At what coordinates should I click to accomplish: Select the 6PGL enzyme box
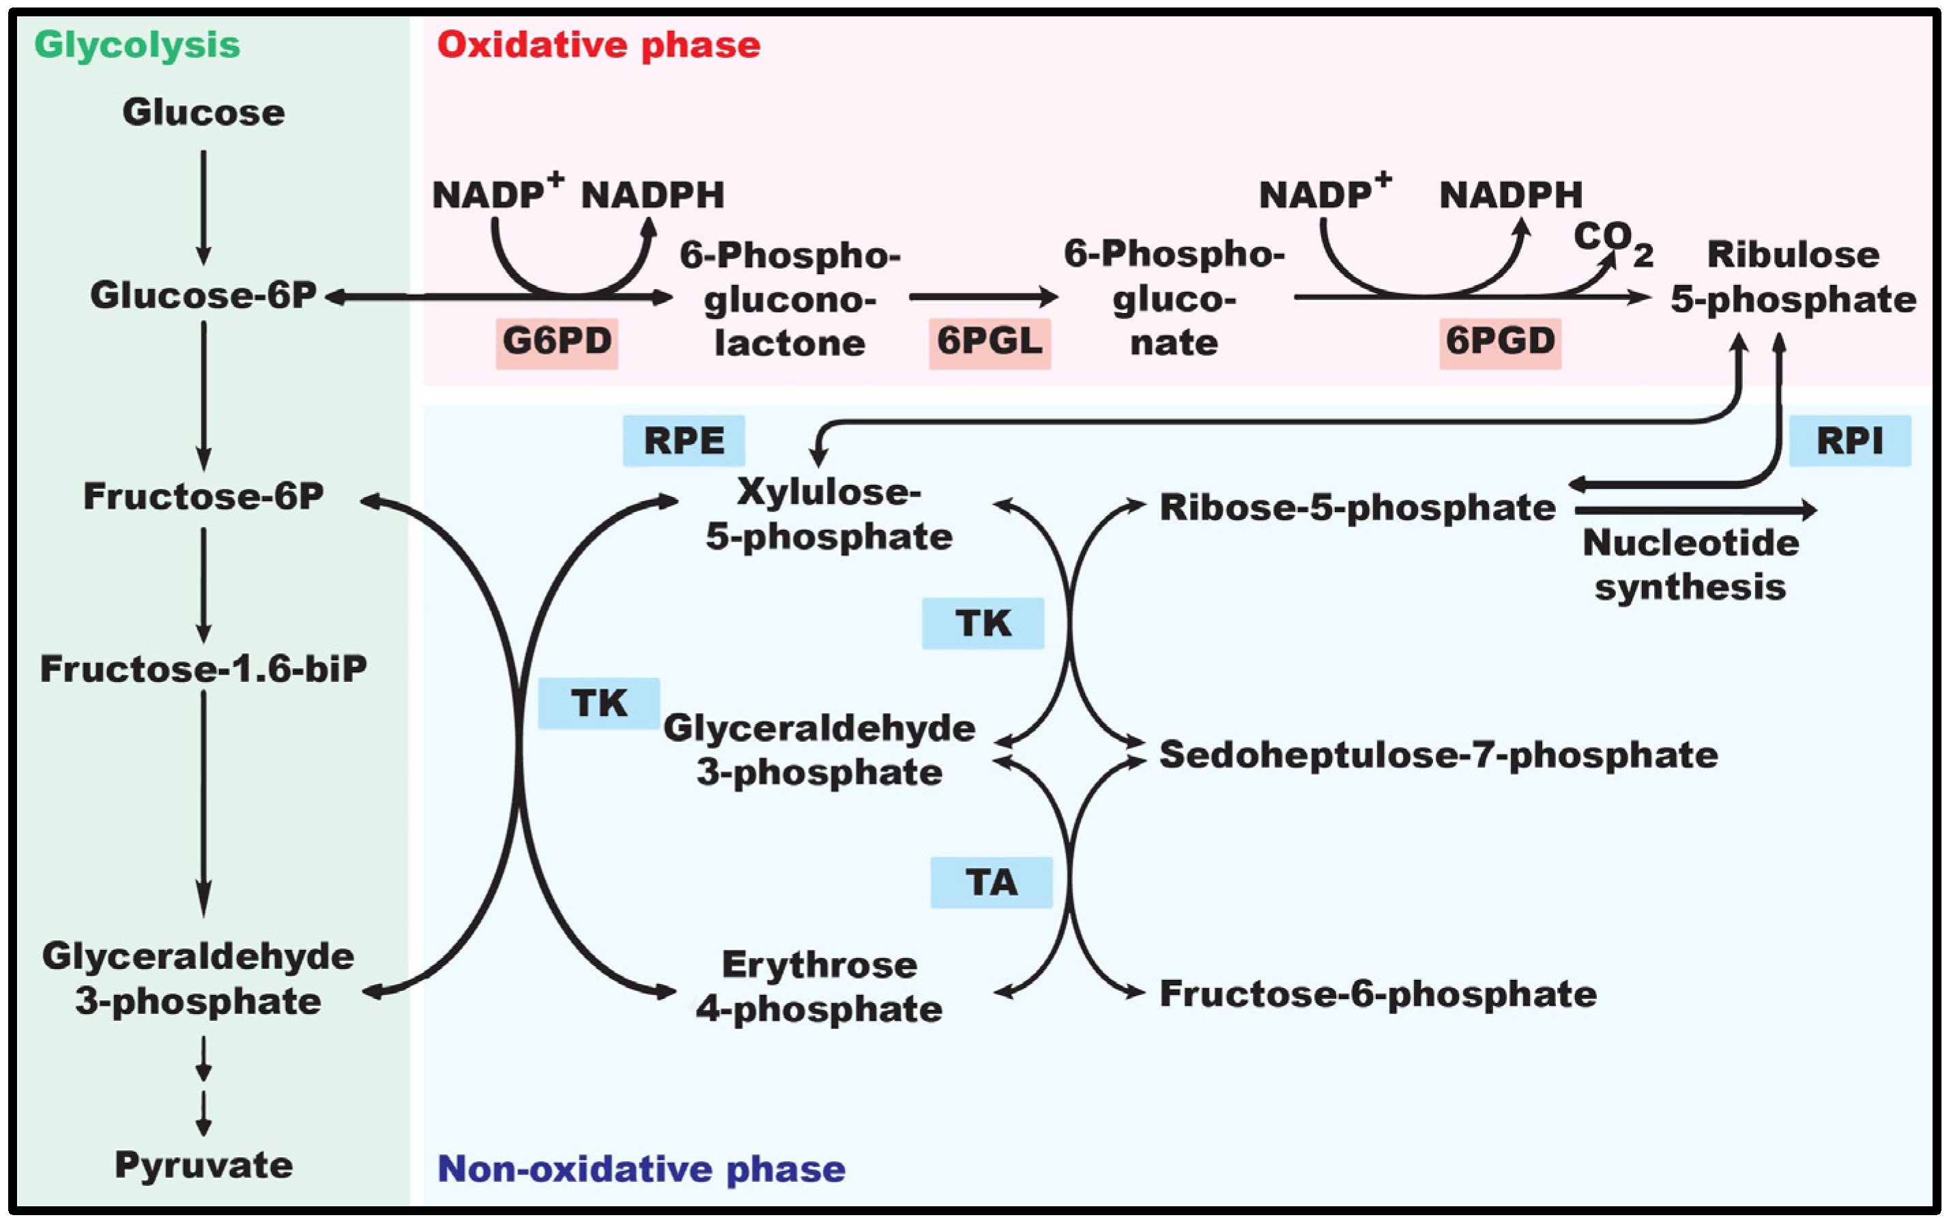coord(989,342)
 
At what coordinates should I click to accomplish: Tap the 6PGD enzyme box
coord(1499,342)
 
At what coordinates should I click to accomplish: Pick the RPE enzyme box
coord(684,441)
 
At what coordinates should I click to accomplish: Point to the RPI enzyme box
coord(1850,441)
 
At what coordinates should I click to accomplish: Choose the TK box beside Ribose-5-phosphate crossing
coord(983,623)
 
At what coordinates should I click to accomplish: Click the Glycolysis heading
coord(137,44)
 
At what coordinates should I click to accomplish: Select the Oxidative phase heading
coord(598,44)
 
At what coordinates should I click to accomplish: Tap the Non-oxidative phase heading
coord(641,1169)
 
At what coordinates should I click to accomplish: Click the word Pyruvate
coord(203,1165)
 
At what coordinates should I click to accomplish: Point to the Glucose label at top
coord(203,113)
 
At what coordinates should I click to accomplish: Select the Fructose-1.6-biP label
coord(203,670)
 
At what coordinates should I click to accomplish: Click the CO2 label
coord(1612,241)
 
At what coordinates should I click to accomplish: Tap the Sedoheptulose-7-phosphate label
coord(1439,754)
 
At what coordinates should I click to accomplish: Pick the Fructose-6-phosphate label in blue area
coord(1378,994)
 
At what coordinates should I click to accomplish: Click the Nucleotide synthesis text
coord(1690,565)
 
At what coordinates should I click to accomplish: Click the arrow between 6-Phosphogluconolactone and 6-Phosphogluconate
coord(983,297)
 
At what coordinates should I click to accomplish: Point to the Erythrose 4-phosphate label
coord(819,987)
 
